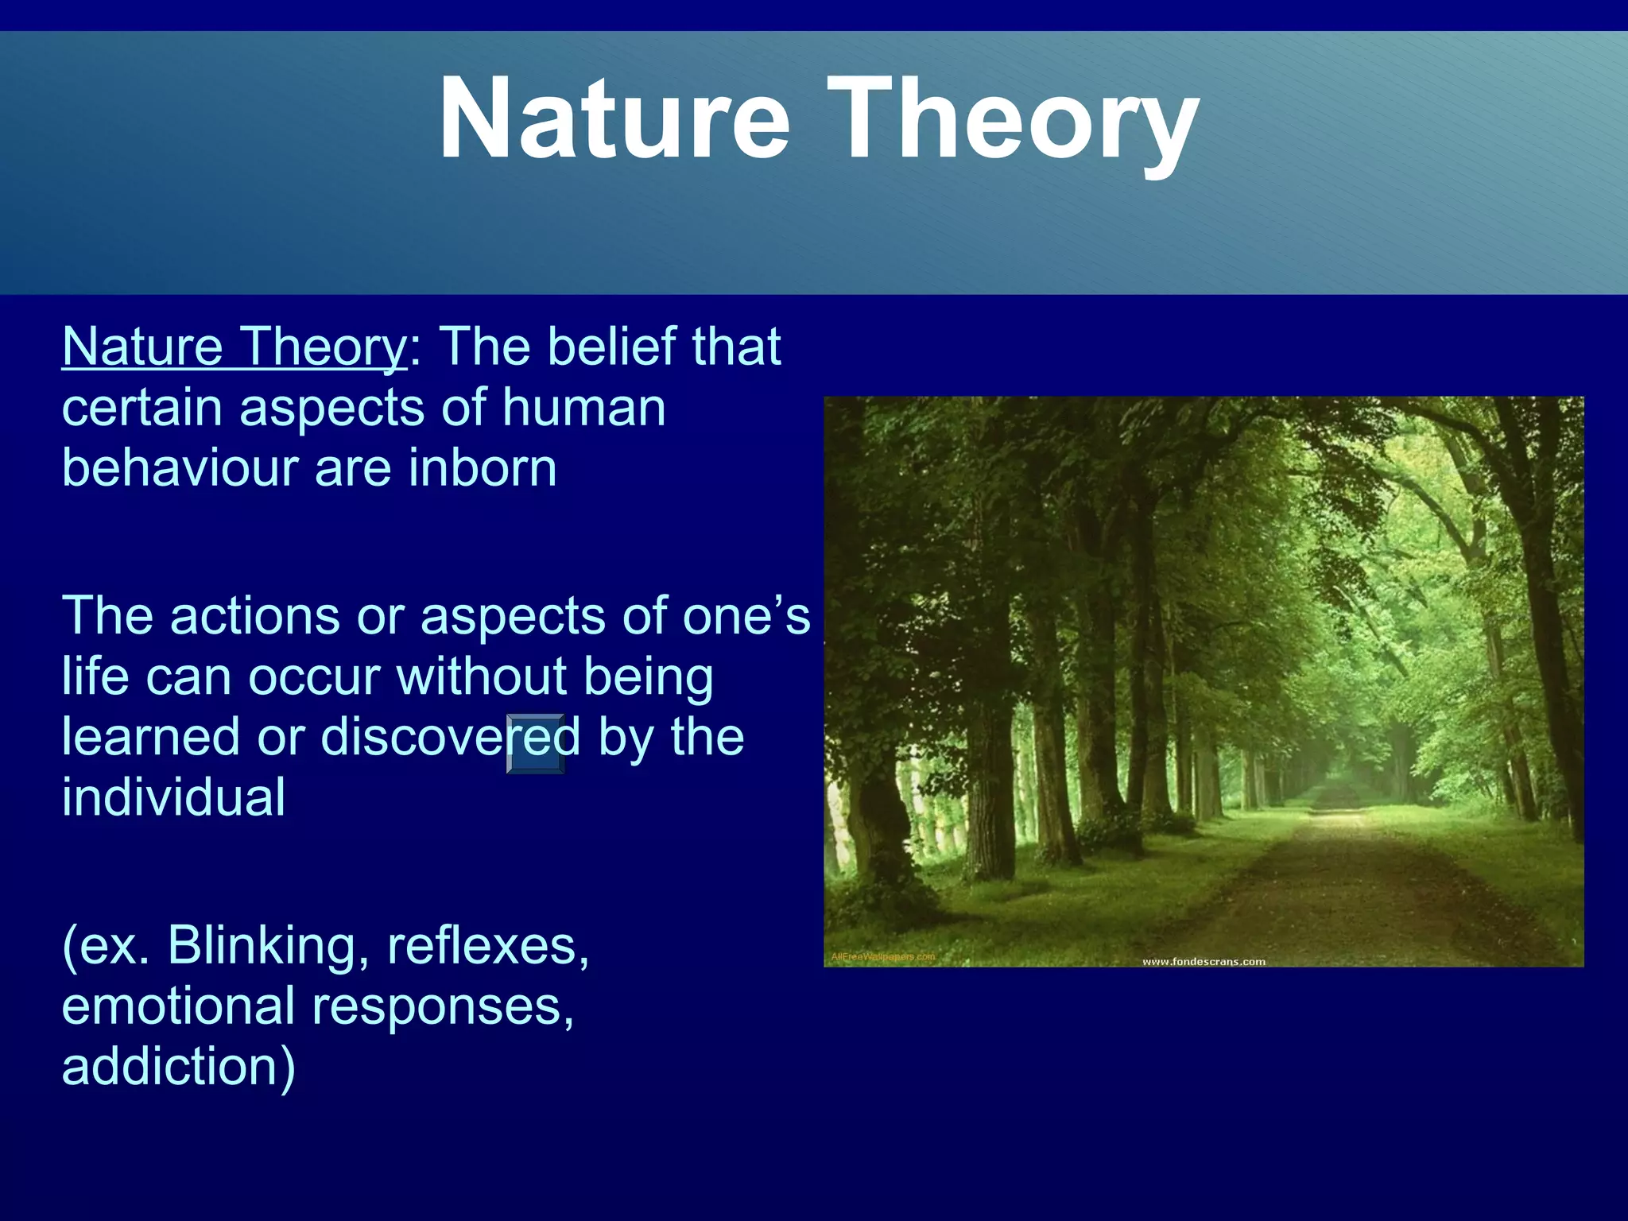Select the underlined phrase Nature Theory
tap(235, 347)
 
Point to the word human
tap(583, 407)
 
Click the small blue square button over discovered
tap(536, 744)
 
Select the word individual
tap(173, 797)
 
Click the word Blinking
tap(262, 945)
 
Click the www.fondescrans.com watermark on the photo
tap(1203, 962)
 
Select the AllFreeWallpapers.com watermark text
tap(882, 956)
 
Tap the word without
tap(482, 676)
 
